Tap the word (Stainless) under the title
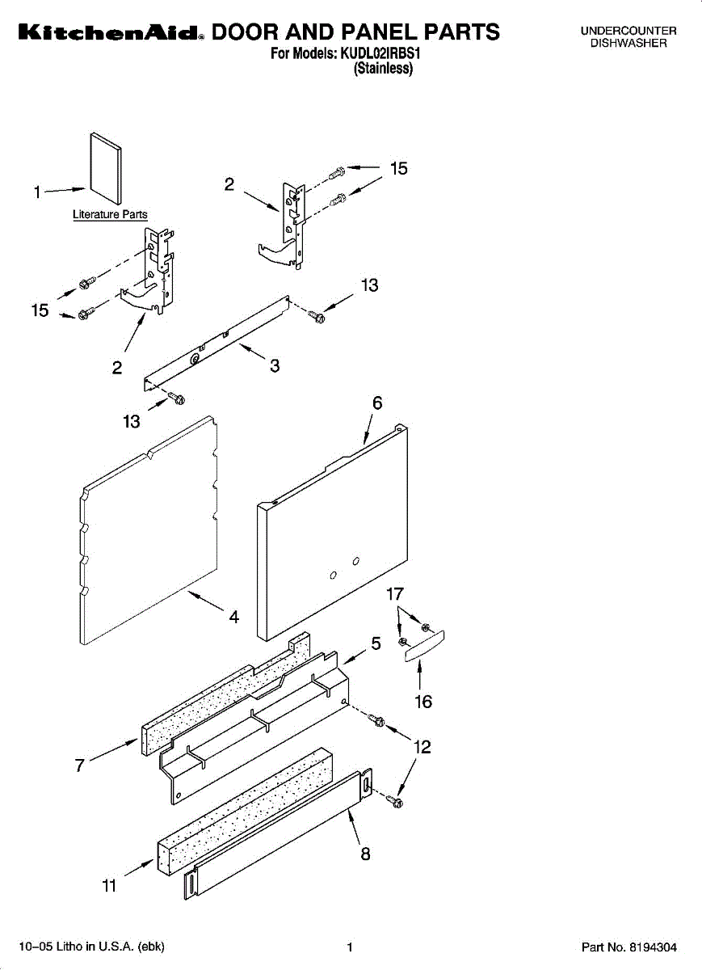(384, 69)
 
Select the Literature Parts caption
(110, 215)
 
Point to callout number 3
(275, 365)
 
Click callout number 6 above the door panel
(376, 403)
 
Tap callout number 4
(233, 617)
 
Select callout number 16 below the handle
(423, 702)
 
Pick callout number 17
(394, 595)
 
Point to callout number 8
(365, 854)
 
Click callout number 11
(109, 887)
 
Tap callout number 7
(80, 765)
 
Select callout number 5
(376, 643)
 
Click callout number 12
(422, 748)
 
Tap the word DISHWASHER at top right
(628, 43)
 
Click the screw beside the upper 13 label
(317, 317)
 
